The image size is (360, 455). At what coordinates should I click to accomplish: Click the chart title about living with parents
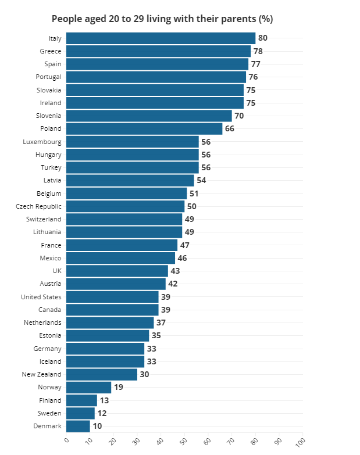pyautogui.click(x=162, y=19)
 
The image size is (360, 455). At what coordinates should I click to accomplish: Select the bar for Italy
pyautogui.click(x=161, y=38)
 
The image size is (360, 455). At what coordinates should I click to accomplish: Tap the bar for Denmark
pyautogui.click(x=78, y=427)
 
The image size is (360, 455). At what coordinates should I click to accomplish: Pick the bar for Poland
pyautogui.click(x=144, y=128)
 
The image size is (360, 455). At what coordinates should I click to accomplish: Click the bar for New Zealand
pyautogui.click(x=102, y=375)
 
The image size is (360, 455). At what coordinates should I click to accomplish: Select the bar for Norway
pyautogui.click(x=88, y=388)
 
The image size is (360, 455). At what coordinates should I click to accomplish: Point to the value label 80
pyautogui.click(x=263, y=38)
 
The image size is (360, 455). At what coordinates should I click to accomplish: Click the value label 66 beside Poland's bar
pyautogui.click(x=230, y=128)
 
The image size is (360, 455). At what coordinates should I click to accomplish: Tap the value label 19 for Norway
pyautogui.click(x=119, y=388)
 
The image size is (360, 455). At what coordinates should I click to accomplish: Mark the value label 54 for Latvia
pyautogui.click(x=201, y=180)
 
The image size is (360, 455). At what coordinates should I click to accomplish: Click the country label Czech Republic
pyautogui.click(x=38, y=206)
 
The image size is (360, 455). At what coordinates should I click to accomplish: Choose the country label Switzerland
pyautogui.click(x=44, y=219)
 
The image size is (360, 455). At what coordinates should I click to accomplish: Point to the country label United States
pyautogui.click(x=41, y=297)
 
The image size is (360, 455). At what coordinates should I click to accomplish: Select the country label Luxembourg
pyautogui.click(x=42, y=142)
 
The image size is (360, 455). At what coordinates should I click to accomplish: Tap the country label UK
pyautogui.click(x=56, y=271)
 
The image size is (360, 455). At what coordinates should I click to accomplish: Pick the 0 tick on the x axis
pyautogui.click(x=66, y=440)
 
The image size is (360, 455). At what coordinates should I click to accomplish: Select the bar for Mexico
pyautogui.click(x=120, y=258)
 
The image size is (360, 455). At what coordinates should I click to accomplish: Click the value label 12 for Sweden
pyautogui.click(x=102, y=414)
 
